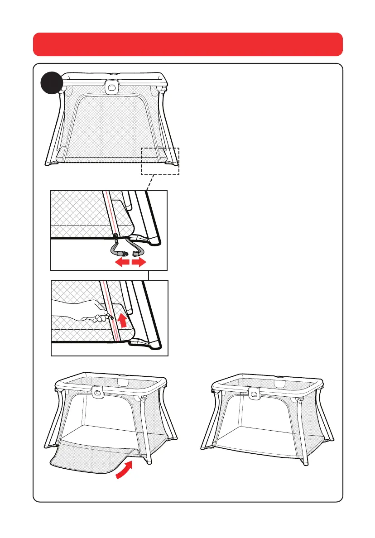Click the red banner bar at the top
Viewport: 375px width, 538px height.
(x=187, y=44)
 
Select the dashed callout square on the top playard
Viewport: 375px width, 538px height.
(x=160, y=161)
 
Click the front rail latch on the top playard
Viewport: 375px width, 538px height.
(x=110, y=86)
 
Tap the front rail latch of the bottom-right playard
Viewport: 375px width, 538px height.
(x=255, y=393)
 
